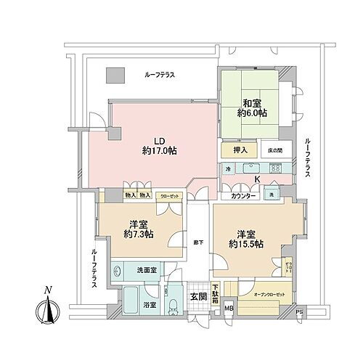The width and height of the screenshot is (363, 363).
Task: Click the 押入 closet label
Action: tap(240, 150)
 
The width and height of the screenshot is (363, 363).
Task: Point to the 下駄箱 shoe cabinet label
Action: tap(216, 293)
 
